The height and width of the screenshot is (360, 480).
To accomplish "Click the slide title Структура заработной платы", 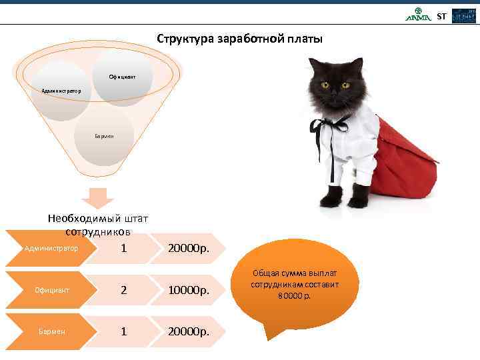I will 239,39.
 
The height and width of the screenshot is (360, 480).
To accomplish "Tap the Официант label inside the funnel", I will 123,77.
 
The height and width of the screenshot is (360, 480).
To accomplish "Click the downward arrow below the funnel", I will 99,198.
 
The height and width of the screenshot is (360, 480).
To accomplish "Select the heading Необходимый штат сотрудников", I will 98,225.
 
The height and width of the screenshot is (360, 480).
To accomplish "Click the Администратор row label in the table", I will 51,249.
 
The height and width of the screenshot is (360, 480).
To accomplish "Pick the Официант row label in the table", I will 51,290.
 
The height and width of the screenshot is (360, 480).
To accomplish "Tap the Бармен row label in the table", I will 51,331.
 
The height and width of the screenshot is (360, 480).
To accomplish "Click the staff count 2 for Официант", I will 123,291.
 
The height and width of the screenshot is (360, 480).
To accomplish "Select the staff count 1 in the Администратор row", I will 123,249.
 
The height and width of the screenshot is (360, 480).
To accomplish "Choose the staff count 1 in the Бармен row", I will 123,331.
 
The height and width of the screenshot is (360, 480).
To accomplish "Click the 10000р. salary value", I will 189,291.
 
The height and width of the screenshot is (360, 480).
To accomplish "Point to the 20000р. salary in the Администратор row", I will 189,249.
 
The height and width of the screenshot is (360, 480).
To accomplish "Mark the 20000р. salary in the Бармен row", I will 189,331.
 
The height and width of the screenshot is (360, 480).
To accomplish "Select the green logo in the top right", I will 419,15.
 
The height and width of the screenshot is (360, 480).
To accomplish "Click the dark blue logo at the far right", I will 464,16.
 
